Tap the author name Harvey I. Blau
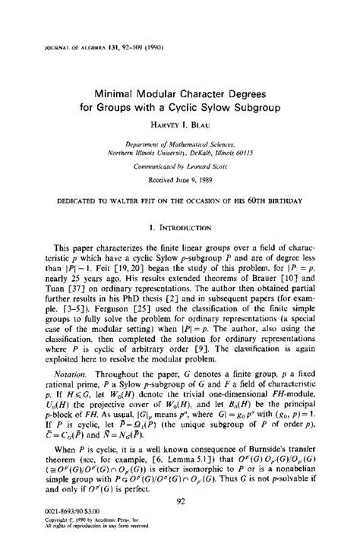click(x=181, y=124)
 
